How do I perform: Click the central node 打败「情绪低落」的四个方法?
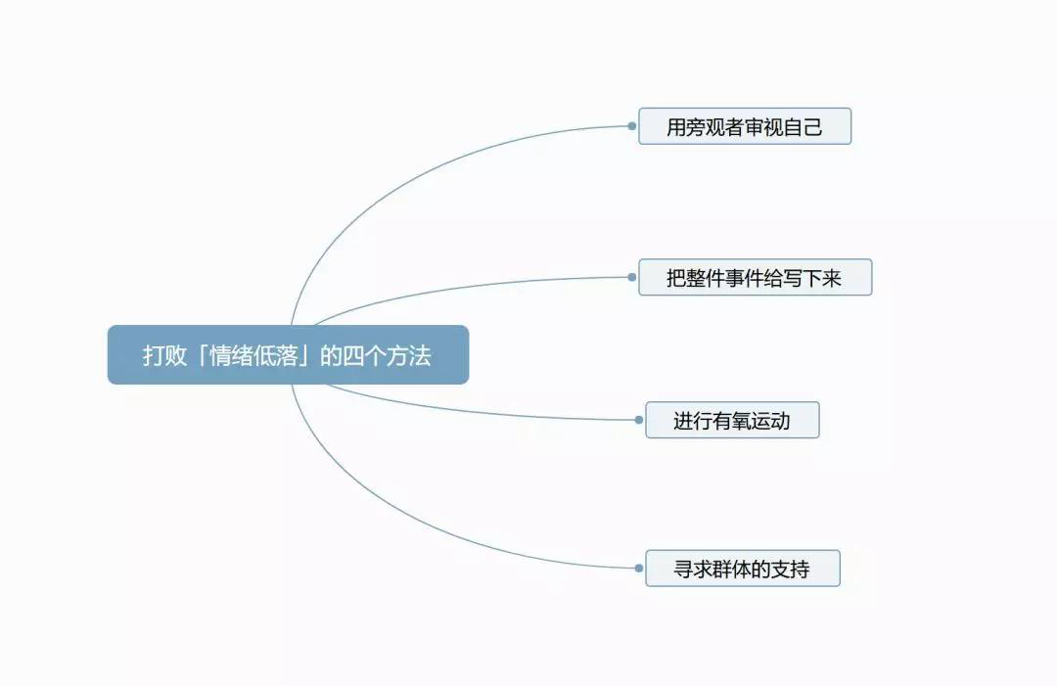click(x=288, y=354)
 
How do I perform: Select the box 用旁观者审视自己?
click(x=745, y=126)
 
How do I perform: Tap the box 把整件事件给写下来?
click(x=755, y=277)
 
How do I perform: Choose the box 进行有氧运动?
click(x=732, y=420)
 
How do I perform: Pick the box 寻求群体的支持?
click(x=743, y=568)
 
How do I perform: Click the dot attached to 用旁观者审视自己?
click(x=631, y=126)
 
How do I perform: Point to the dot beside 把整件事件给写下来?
click(x=631, y=277)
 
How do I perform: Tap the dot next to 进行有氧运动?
click(x=638, y=420)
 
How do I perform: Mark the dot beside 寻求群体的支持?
click(x=638, y=568)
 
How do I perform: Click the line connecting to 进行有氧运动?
click(x=472, y=410)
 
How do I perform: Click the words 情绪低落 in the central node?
click(x=253, y=355)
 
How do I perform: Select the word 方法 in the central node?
click(x=408, y=355)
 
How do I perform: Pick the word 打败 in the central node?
click(x=164, y=355)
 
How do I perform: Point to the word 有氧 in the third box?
click(x=732, y=421)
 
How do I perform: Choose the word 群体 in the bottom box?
click(x=732, y=569)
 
